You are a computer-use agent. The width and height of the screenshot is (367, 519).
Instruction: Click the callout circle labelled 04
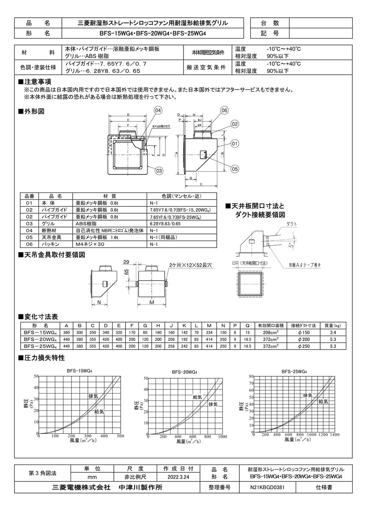coord(158,111)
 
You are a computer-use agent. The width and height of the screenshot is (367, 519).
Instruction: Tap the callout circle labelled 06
coord(224,111)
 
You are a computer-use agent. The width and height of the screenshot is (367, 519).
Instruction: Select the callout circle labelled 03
coord(159,171)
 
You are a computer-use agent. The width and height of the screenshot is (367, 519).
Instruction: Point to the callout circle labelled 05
coord(235,169)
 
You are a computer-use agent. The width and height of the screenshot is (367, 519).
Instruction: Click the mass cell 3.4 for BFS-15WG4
coord(332,333)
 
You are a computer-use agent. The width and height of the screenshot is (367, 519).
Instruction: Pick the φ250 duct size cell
coord(303,346)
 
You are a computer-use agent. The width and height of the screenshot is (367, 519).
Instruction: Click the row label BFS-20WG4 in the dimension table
coord(39,340)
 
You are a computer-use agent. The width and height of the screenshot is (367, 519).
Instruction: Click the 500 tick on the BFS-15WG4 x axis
coord(121,436)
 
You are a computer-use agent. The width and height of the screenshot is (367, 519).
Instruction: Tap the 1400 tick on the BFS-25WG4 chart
coord(335,434)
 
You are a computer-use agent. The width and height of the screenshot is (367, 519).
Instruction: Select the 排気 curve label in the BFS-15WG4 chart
coord(93,396)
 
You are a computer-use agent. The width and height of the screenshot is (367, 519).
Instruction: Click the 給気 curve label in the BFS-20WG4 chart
coord(197,397)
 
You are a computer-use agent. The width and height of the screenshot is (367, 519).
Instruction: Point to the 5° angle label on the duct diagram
coord(290,247)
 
